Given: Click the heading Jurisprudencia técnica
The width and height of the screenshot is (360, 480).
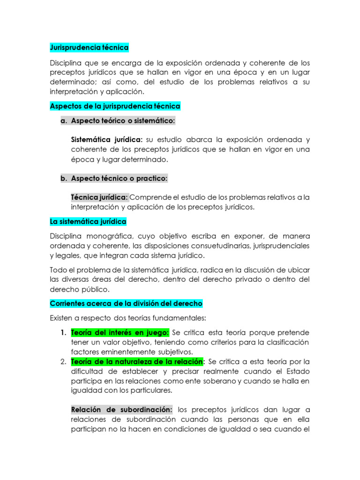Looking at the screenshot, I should pos(89,48).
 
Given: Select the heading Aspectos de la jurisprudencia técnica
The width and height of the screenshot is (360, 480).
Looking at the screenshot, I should pos(115,106).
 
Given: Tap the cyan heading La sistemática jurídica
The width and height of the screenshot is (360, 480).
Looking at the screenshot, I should pos(88,221).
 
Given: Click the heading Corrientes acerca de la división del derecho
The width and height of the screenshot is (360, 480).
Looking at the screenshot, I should pos(126,304).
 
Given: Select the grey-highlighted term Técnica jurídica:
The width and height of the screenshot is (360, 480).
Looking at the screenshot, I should pos(99,197).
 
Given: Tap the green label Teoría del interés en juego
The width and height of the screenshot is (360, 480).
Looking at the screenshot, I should pos(120,333).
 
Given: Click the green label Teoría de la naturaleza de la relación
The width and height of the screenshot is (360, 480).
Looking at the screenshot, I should pos(137,362).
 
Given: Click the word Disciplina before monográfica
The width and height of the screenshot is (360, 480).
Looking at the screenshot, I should pos(66,236).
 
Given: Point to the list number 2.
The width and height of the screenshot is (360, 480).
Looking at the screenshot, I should pos(63,362).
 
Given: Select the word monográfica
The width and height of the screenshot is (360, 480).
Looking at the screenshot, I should pos(110,236).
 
